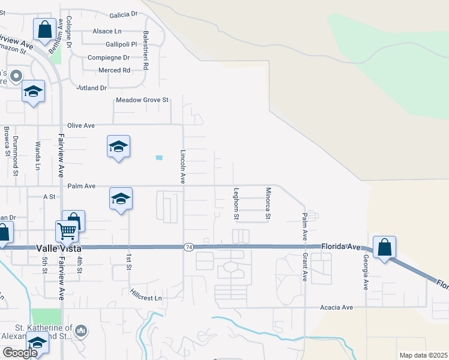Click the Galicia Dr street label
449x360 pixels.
124,14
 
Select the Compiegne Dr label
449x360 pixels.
109,58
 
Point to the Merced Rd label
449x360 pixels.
118,70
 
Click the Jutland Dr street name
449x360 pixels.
91,88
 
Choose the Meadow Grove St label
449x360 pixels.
142,100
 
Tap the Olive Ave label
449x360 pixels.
81,125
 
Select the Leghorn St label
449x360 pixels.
237,203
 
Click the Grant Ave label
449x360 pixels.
305,266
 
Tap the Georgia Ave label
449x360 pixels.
364,272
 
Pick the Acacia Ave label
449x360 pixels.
336,307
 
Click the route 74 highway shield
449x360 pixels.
188,247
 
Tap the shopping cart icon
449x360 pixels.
67,230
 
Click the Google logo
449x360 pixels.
20,353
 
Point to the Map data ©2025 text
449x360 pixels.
423,355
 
